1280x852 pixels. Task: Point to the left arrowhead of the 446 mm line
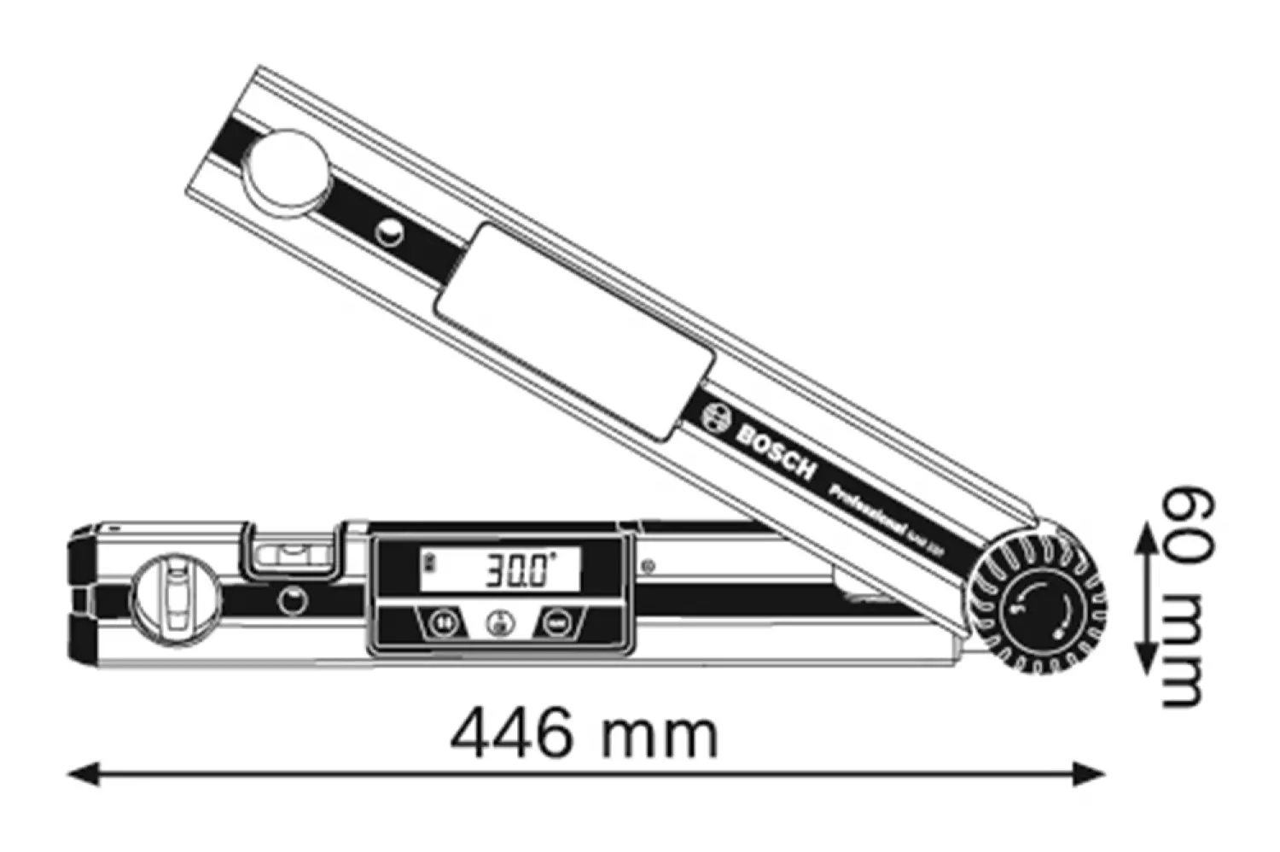[x=82, y=774]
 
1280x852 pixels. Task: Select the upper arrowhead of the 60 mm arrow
[x=1143, y=534]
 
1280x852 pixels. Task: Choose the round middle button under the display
[x=500, y=623]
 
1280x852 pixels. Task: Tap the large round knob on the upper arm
[x=288, y=170]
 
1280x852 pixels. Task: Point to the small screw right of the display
[x=649, y=565]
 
